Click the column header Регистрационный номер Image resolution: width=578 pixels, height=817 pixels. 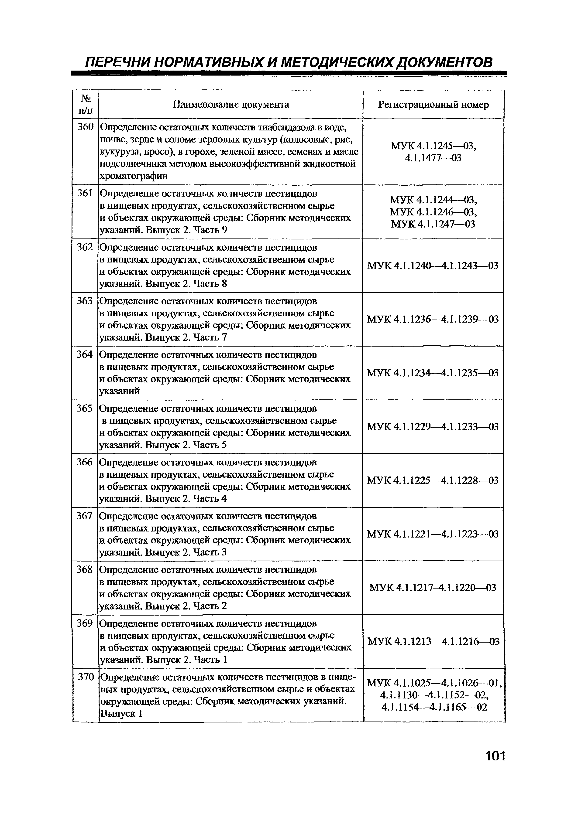click(433, 105)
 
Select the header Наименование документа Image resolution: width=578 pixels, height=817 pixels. click(231, 104)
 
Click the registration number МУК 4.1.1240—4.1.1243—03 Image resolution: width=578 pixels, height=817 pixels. click(433, 266)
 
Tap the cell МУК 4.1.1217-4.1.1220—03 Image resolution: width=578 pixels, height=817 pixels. click(433, 588)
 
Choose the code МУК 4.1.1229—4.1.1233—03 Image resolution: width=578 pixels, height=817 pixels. click(433, 427)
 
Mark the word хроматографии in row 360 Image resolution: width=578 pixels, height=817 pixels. click(134, 176)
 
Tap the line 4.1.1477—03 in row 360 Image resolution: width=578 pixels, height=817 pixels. click(433, 158)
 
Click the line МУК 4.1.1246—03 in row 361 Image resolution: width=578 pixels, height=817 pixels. click(433, 212)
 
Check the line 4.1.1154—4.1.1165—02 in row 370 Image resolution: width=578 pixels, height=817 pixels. click(434, 707)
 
